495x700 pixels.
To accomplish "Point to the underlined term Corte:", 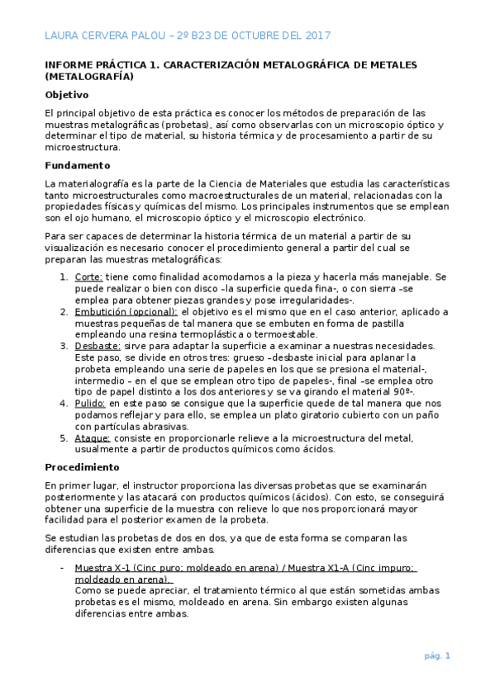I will [88, 277].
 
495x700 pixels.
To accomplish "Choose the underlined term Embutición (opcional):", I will [126, 312].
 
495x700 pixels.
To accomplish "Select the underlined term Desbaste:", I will [98, 346].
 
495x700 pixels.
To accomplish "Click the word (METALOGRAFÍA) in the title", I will [89, 77].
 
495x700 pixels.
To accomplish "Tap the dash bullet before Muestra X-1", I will [64, 568].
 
